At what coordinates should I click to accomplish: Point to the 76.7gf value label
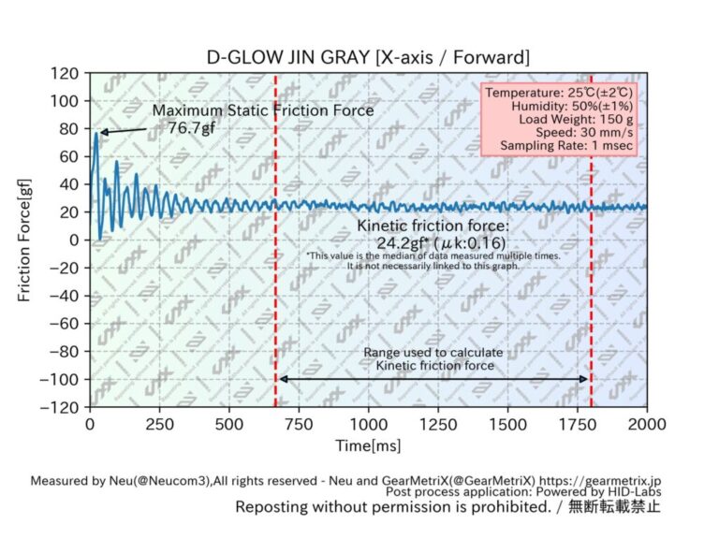tap(192, 127)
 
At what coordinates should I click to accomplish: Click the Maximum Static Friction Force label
tap(263, 110)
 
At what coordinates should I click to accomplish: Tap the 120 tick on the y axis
tap(65, 73)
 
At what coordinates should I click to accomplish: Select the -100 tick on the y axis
tap(60, 379)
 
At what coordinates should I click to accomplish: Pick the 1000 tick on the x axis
tap(368, 423)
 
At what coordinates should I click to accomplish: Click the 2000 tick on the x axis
tap(646, 423)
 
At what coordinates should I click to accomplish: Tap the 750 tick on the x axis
tap(299, 423)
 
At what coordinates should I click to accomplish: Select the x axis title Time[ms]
tap(368, 445)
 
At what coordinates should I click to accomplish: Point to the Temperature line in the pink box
tap(560, 93)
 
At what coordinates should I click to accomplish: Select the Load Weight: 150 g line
tap(580, 119)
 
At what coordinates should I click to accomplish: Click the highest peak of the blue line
tap(95, 133)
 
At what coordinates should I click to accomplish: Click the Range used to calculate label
tap(433, 352)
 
